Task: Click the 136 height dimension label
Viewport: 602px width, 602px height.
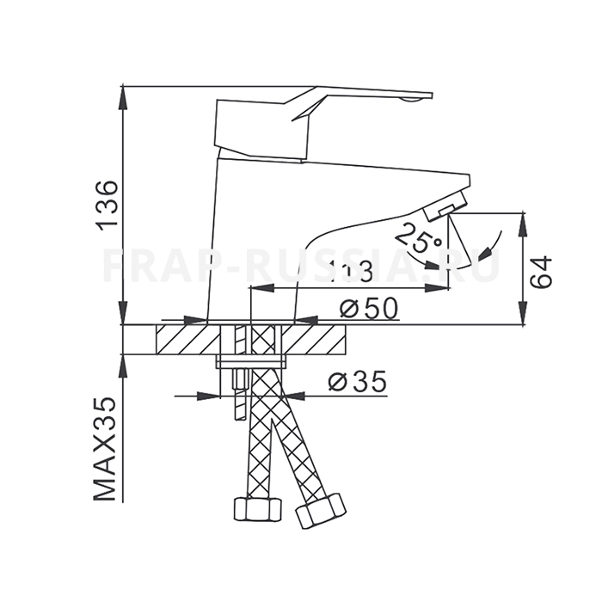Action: (x=106, y=205)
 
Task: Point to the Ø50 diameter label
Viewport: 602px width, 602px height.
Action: (x=369, y=307)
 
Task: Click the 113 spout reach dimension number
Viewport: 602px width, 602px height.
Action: (x=350, y=272)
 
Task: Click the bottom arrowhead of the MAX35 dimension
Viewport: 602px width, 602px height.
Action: (x=124, y=365)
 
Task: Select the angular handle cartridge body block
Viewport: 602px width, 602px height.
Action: (x=261, y=129)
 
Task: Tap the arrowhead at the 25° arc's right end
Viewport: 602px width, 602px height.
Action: (x=488, y=254)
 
